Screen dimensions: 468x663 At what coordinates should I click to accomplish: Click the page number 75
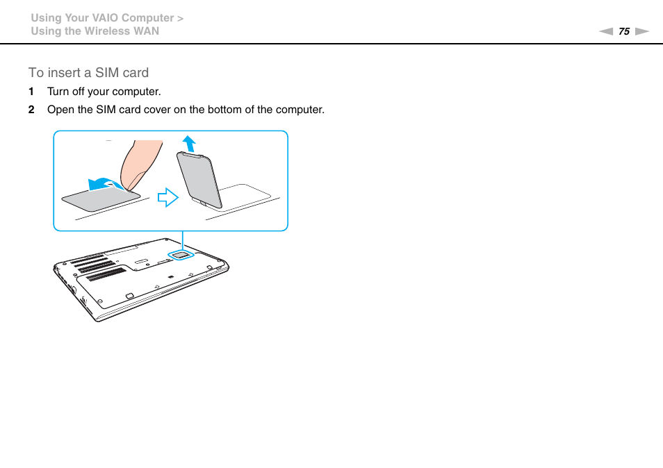pos(623,31)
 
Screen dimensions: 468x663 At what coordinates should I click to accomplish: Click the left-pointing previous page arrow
pos(606,31)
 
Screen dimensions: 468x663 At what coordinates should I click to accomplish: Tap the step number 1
pos(31,92)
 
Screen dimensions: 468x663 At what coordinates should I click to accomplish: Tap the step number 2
pos(31,110)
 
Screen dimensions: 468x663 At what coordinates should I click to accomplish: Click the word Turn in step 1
pos(58,92)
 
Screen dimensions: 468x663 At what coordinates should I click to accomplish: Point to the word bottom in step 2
pos(220,110)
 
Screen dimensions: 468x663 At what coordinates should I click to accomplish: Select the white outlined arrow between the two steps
pos(168,198)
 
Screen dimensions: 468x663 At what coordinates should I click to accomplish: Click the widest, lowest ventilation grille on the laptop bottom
pos(106,274)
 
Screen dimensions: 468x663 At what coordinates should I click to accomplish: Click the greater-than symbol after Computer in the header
pos(180,18)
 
